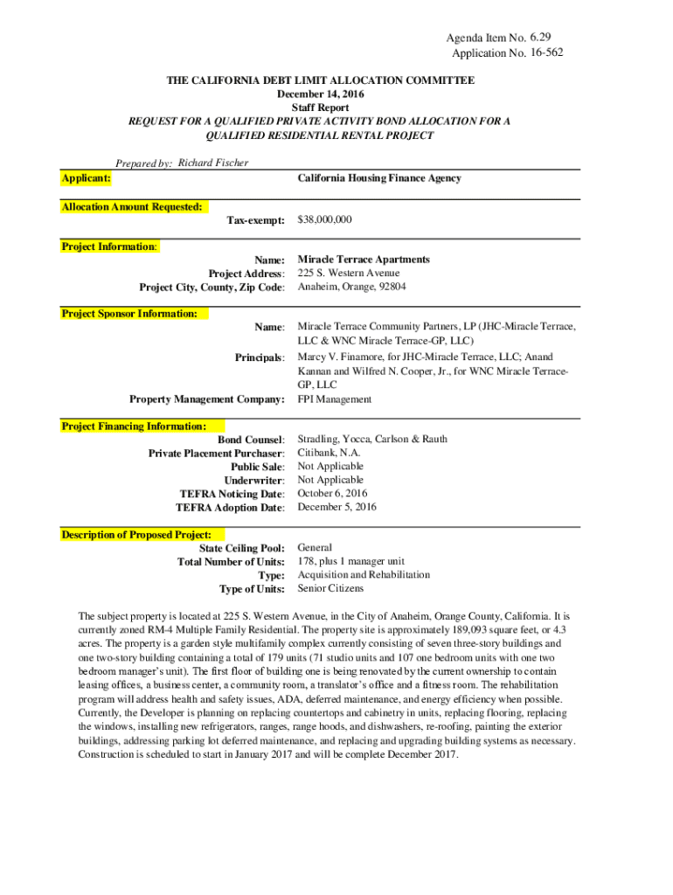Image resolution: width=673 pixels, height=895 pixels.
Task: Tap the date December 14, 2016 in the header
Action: pyautogui.click(x=321, y=94)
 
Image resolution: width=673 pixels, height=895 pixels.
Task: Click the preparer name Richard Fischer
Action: pyautogui.click(x=213, y=163)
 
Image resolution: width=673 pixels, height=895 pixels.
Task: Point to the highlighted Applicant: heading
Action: pyautogui.click(x=86, y=178)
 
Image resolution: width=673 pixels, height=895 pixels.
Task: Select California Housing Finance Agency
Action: pyautogui.click(x=379, y=178)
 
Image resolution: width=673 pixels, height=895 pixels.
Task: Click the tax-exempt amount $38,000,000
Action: pyautogui.click(x=324, y=220)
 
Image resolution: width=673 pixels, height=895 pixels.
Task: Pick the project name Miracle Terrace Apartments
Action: pyautogui.click(x=364, y=260)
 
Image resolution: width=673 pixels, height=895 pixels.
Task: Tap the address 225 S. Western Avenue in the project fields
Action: pyautogui.click(x=349, y=274)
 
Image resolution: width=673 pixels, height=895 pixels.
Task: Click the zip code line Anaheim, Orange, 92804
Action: pyautogui.click(x=351, y=287)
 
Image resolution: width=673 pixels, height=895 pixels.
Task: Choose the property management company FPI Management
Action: pyautogui.click(x=335, y=399)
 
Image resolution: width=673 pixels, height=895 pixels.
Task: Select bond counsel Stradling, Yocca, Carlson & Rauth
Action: pyautogui.click(x=372, y=440)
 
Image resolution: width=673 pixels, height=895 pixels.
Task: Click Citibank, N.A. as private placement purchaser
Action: pyautogui.click(x=330, y=453)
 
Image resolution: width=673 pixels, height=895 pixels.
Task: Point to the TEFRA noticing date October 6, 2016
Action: pyautogui.click(x=333, y=493)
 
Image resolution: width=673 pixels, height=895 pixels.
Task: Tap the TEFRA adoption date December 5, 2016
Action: pyautogui.click(x=337, y=507)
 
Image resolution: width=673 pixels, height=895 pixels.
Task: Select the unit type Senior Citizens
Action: pyautogui.click(x=332, y=588)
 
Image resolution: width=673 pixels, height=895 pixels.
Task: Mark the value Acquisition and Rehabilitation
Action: pyautogui.click(x=364, y=575)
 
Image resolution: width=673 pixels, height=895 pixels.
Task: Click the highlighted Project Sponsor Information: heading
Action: pyautogui.click(x=129, y=313)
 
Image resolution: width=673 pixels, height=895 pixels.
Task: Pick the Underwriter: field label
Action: pyautogui.click(x=254, y=481)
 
